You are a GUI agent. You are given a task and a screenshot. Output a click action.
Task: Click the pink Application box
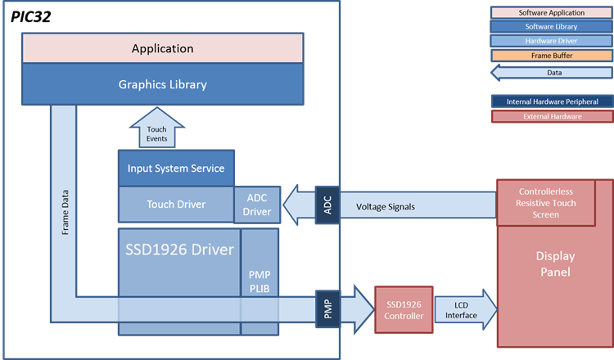163,48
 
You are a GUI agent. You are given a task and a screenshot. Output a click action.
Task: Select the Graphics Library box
163,84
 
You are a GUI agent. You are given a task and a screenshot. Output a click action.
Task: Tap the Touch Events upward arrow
156,128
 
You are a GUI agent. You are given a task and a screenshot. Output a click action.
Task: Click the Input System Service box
176,169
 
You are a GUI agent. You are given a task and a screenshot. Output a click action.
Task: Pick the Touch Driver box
176,205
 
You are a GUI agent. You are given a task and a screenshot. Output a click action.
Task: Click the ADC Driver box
257,205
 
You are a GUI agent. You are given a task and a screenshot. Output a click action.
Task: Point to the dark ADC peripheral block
327,205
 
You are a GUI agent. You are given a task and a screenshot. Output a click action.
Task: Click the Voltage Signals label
386,207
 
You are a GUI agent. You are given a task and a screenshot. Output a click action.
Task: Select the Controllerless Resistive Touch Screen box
546,203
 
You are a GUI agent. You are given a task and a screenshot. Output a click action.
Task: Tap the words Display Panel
555,264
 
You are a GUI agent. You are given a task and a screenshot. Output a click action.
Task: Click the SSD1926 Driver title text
179,250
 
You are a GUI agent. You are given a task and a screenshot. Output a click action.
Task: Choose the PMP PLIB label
260,281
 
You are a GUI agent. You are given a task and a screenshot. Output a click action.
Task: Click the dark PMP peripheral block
327,309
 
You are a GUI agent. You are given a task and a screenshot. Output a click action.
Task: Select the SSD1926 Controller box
404,310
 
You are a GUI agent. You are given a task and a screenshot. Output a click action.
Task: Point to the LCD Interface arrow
466,310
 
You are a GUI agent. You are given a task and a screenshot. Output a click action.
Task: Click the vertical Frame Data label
65,213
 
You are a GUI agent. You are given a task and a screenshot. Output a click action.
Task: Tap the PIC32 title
30,17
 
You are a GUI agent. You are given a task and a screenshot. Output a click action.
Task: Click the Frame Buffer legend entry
552,56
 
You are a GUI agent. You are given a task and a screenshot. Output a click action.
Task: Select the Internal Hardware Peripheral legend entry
552,101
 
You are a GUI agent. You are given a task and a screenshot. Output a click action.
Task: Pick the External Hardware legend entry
552,117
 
